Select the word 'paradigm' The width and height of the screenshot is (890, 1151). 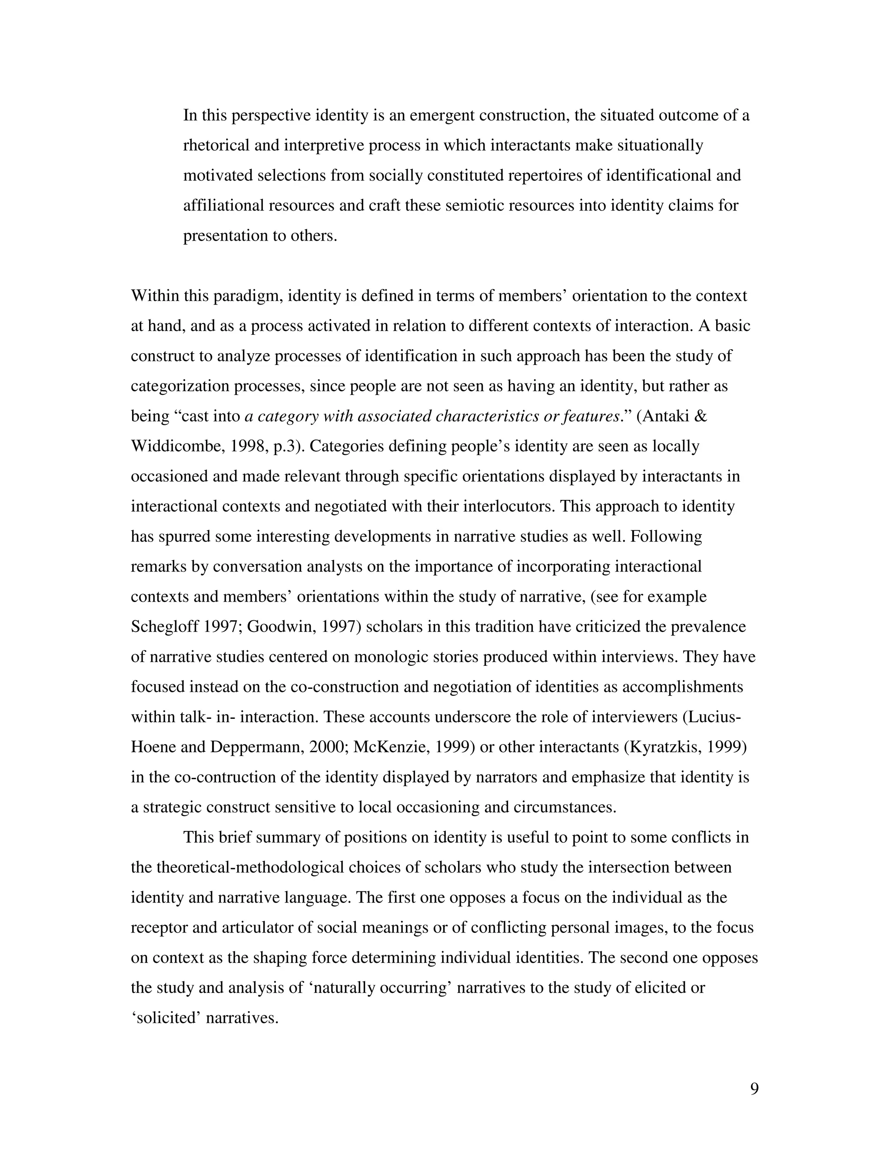[247, 296]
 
